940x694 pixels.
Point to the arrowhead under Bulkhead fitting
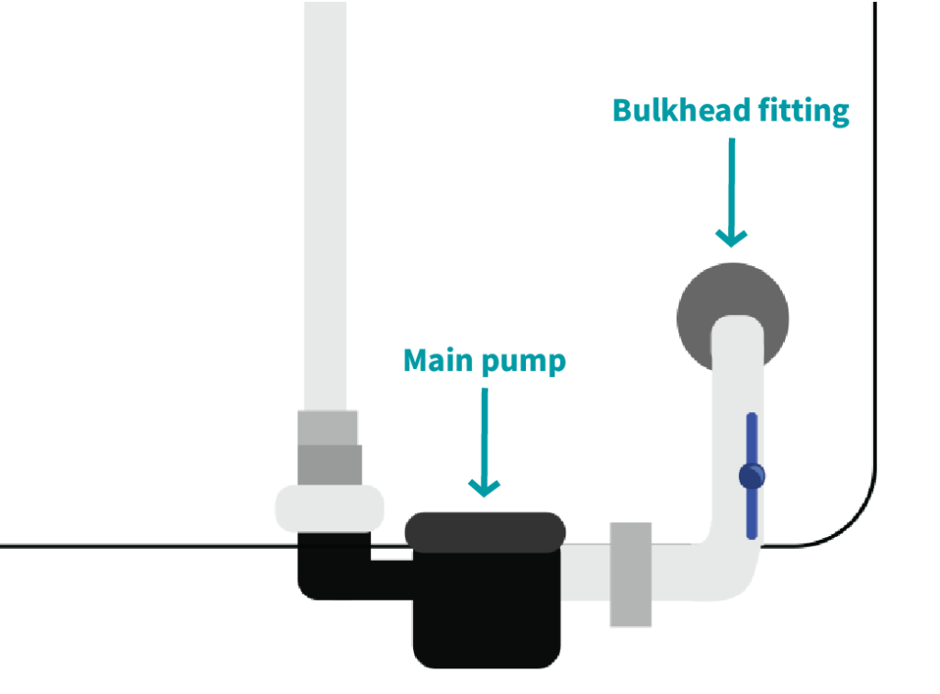point(732,236)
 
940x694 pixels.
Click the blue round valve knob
point(752,476)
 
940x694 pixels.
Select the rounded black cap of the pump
point(485,532)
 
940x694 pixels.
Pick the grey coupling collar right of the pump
point(631,574)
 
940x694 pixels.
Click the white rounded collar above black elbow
point(330,508)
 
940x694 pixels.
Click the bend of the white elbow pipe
point(730,569)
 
